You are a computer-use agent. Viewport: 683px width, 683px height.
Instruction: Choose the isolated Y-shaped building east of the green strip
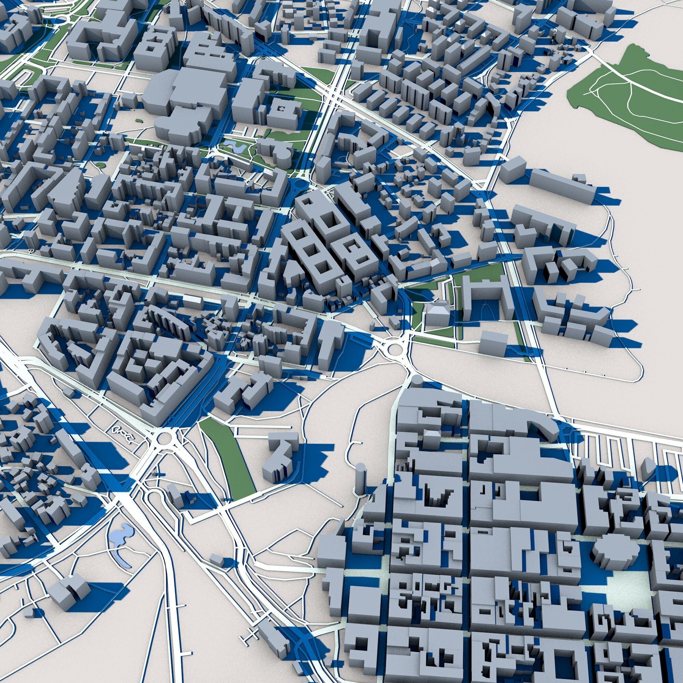tap(279, 456)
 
